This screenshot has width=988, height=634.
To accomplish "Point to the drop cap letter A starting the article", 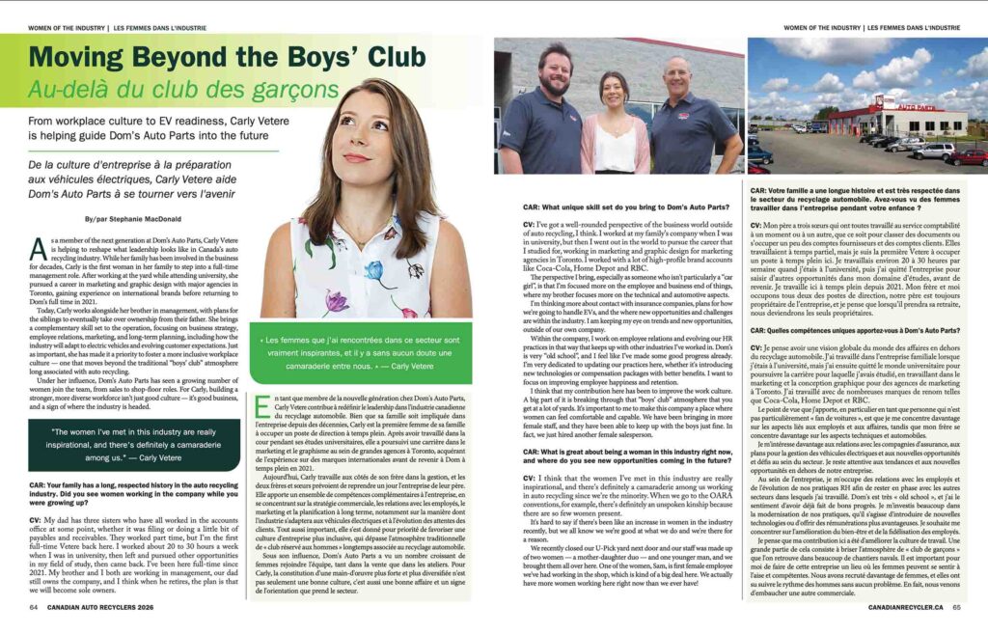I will pyautogui.click(x=37, y=252).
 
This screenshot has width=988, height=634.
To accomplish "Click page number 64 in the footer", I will pyautogui.click(x=34, y=608).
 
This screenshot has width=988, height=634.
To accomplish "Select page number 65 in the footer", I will pyautogui.click(x=956, y=608).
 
